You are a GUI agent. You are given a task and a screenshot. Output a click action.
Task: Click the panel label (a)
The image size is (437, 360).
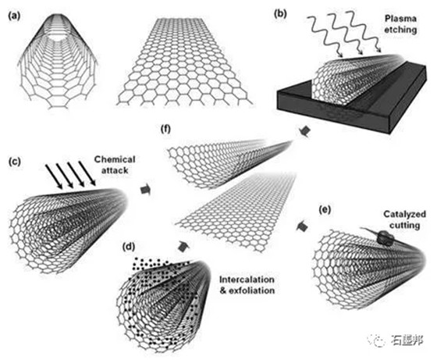(15, 16)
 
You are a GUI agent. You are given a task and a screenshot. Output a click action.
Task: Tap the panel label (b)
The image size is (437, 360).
(280, 13)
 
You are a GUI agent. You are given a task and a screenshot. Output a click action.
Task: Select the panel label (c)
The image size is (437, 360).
(15, 162)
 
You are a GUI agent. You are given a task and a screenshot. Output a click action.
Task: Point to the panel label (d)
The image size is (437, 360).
(129, 247)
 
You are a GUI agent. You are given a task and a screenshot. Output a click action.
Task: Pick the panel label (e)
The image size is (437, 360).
(325, 210)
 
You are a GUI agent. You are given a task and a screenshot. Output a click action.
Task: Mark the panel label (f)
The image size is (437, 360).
(165, 130)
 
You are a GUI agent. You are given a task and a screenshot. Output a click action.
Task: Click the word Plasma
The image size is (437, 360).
(400, 19)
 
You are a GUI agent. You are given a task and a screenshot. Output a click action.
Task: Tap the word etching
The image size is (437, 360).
(400, 30)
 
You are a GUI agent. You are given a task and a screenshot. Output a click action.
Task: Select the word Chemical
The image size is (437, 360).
(115, 159)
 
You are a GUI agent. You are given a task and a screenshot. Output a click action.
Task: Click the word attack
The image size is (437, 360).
(115, 170)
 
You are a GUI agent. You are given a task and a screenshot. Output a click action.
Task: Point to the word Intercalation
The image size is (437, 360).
(247, 280)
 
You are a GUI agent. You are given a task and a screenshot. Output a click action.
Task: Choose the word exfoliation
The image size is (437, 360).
(251, 290)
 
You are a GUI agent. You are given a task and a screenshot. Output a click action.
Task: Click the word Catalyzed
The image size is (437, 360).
(405, 214)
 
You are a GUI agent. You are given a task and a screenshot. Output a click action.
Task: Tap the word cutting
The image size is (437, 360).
(405, 225)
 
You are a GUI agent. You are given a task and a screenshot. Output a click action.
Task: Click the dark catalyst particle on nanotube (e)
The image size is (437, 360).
(385, 238)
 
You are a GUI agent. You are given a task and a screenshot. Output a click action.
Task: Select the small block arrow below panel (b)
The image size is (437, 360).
(305, 131)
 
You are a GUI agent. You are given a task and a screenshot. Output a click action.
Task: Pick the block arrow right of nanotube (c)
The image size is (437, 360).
(145, 190)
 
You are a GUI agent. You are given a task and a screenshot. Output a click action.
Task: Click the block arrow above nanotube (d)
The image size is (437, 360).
(183, 246)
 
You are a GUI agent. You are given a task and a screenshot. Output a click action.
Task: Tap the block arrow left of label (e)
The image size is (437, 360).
(302, 226)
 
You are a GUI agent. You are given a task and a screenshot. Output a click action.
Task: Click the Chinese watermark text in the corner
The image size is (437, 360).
(407, 340)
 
